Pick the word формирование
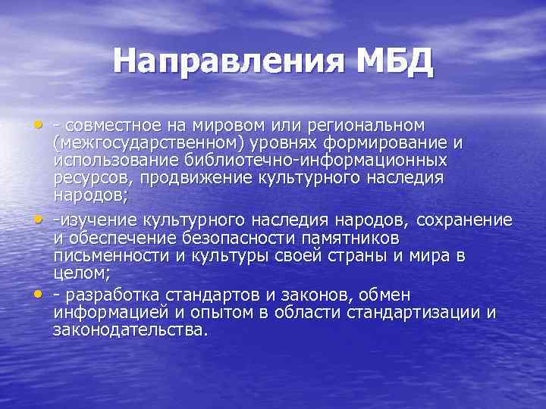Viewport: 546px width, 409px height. click(414, 142)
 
